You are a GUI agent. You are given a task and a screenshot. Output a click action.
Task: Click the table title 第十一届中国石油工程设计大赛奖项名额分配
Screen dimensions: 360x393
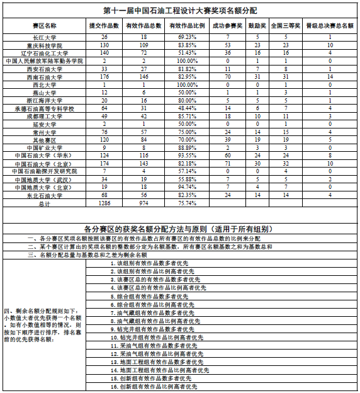180,11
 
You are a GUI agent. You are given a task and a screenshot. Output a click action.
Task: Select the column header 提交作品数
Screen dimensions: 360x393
104,26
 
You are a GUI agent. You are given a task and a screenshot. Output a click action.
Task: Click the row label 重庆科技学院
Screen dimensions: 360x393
45,46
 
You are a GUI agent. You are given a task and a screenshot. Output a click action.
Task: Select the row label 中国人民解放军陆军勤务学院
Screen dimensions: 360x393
45,61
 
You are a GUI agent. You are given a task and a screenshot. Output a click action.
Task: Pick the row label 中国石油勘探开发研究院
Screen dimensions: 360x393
45,171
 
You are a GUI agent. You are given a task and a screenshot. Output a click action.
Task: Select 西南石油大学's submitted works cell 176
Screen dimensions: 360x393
104,77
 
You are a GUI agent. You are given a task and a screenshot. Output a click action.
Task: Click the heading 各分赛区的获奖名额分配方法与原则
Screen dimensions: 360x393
180,227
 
